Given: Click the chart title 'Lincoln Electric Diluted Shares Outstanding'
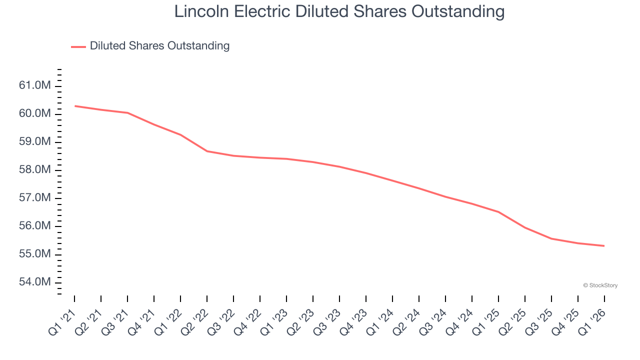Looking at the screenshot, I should [x=339, y=12].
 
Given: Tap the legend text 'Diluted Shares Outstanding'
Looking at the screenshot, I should [x=159, y=46].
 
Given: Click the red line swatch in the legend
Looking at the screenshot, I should [x=78, y=46].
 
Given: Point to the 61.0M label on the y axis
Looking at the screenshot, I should [x=34, y=86].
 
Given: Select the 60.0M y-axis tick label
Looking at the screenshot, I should [x=34, y=114].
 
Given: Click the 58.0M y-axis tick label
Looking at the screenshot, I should [x=34, y=170].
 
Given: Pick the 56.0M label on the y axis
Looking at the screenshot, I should [x=34, y=226].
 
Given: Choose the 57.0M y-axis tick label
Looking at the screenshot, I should [x=34, y=198].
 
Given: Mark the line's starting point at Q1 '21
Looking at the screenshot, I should [x=75, y=106].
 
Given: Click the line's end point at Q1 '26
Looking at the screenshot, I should [x=604, y=245].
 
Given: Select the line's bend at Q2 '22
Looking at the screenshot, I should [x=207, y=151].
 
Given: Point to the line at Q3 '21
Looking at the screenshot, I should [x=128, y=113].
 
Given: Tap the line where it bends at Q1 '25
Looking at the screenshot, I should [x=498, y=212].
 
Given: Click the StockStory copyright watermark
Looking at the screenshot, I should [x=600, y=285].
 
